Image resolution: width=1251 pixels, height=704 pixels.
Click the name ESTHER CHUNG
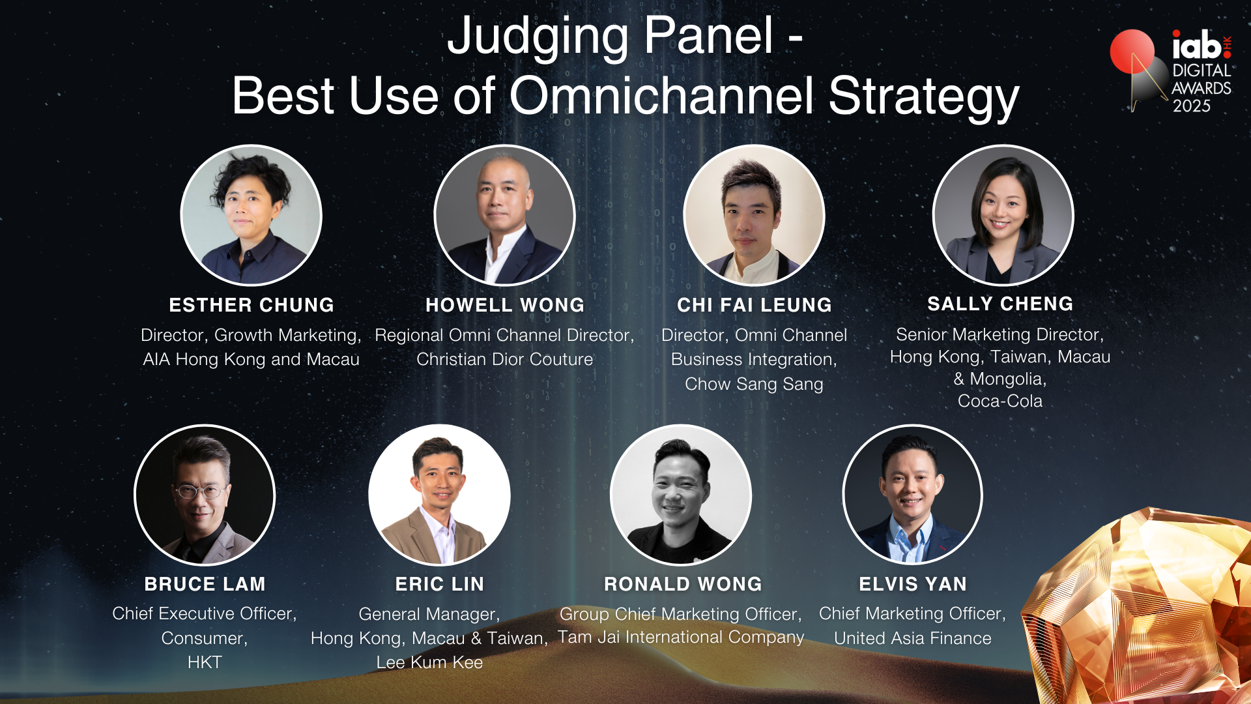pos(252,305)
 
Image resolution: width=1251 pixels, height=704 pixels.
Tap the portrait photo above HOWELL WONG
pos(505,215)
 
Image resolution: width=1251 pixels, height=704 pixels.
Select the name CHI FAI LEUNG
pos(755,305)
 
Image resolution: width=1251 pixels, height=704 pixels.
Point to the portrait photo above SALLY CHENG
pos(1003,215)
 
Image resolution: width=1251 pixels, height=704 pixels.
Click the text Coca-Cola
pos(1000,401)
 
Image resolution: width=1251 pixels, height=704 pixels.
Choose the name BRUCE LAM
pos(205,584)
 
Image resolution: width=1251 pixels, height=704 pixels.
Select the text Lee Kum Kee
pos(429,662)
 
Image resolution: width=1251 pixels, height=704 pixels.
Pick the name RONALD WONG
pos(683,584)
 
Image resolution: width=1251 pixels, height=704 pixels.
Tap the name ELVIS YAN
pos(913,584)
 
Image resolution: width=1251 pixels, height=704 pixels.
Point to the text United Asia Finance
pos(913,638)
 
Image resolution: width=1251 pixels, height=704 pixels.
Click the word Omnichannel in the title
pos(661,96)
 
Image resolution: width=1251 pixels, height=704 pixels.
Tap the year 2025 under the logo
pos(1192,106)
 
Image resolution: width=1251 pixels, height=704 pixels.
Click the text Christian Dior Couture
pos(505,359)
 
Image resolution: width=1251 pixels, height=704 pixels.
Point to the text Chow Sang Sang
pos(754,385)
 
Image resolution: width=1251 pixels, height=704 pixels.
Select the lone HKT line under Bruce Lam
pos(205,662)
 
